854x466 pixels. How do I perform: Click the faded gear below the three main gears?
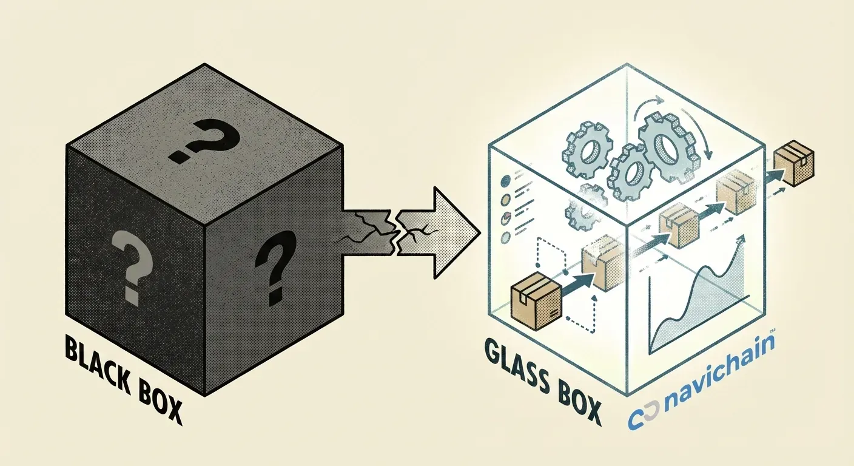point(579,209)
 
